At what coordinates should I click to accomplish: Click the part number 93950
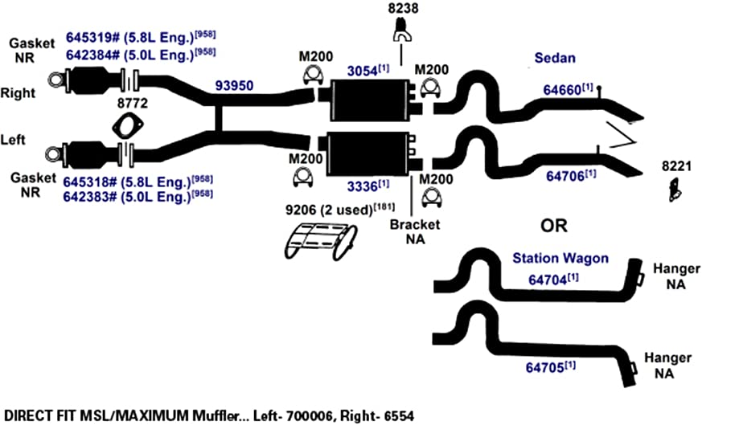click(x=234, y=86)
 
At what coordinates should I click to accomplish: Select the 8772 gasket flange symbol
click(x=128, y=126)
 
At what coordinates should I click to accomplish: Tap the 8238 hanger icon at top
click(x=402, y=29)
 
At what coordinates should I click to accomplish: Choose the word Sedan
click(x=555, y=58)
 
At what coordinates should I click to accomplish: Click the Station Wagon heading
click(x=560, y=258)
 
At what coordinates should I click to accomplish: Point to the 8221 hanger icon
click(x=675, y=190)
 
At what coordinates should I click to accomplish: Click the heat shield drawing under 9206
click(x=321, y=242)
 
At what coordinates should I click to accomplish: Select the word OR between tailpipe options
click(x=554, y=226)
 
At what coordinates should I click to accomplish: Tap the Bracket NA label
click(x=415, y=231)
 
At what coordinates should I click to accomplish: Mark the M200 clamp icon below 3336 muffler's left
click(x=303, y=178)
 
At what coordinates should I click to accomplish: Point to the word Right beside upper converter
click(x=18, y=93)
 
